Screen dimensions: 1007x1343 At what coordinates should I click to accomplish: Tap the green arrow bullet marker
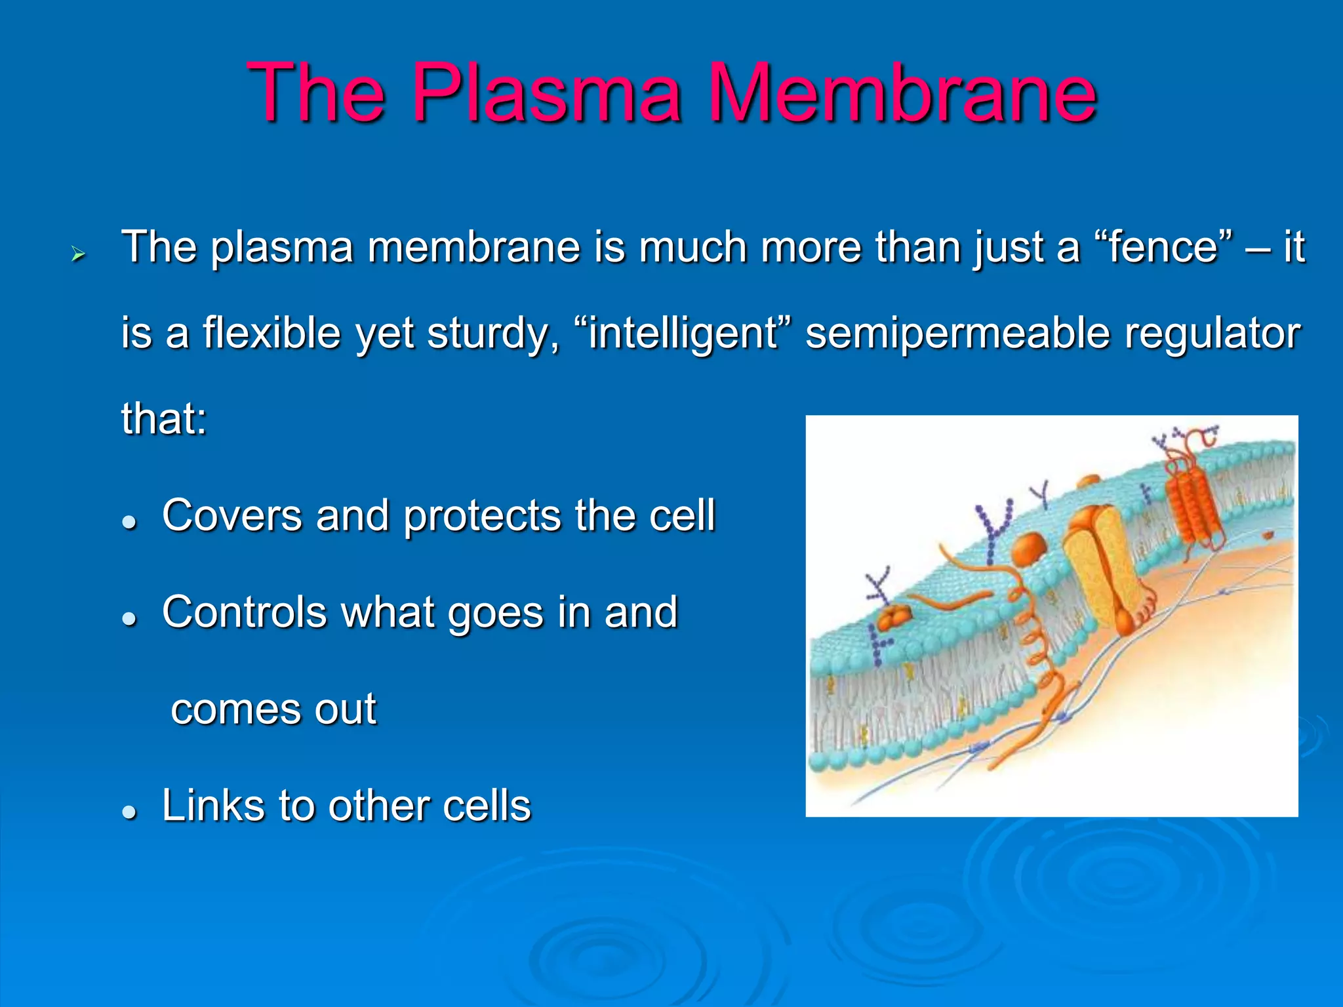(x=79, y=253)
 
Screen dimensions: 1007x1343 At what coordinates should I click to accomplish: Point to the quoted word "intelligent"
(x=682, y=333)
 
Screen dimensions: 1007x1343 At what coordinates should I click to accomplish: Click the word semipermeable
(x=957, y=333)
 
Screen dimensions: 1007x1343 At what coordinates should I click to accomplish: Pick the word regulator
(x=1213, y=333)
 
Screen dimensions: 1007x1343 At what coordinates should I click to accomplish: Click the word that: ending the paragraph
(x=164, y=418)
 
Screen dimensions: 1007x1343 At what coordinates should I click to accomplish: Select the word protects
(x=482, y=515)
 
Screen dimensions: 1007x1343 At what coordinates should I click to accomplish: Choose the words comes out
(x=273, y=709)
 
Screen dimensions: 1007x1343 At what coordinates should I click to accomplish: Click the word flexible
(x=271, y=333)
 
